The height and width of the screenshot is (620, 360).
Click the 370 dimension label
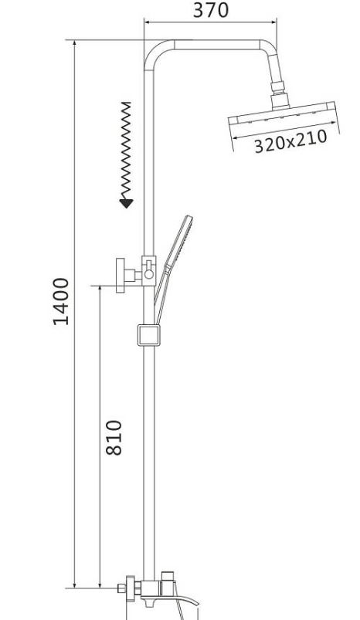tap(210, 10)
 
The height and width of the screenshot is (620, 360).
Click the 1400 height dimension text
tap(61, 301)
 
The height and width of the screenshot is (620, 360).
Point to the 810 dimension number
tap(114, 437)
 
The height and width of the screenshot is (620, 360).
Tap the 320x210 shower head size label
tap(290, 141)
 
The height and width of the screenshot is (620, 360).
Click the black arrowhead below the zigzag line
tap(126, 203)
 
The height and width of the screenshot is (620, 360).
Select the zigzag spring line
tap(126, 151)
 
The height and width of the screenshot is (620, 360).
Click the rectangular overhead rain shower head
tap(284, 115)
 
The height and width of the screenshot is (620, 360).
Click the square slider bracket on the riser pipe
tap(149, 335)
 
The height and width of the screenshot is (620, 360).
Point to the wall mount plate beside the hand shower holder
tap(121, 276)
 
